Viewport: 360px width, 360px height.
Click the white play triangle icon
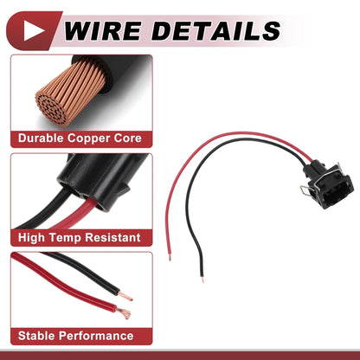(x=33, y=30)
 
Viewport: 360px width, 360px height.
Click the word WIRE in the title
(x=103, y=30)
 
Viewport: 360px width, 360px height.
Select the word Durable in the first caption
(x=41, y=138)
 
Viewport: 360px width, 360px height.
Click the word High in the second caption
(x=32, y=238)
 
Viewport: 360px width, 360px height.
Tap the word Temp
(x=66, y=238)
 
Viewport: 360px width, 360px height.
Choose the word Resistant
(x=112, y=238)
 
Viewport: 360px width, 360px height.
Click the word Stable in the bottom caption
(x=37, y=336)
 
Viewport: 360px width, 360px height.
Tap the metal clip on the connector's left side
(x=305, y=190)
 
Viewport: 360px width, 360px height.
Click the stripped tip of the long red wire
(x=170, y=257)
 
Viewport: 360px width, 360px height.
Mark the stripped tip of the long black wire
(x=202, y=279)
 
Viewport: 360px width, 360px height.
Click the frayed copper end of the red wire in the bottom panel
(x=125, y=313)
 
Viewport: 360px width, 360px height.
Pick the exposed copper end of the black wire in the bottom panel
(x=125, y=297)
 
